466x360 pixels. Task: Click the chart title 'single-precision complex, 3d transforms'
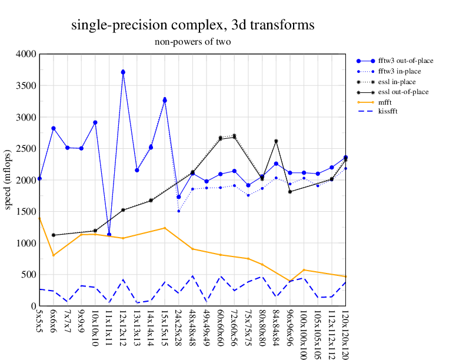[192, 25]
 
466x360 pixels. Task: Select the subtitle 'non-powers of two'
[192, 42]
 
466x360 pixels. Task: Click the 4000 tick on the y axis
[27, 54]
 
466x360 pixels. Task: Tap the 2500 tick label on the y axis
[27, 149]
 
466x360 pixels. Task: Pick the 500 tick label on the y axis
[29, 275]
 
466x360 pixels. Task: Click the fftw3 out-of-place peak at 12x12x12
[123, 72]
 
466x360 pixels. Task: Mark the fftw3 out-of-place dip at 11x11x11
[109, 235]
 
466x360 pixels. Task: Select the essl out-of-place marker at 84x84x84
[276, 141]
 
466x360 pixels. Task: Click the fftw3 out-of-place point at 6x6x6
[54, 128]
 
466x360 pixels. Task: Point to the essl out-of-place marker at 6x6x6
[54, 235]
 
